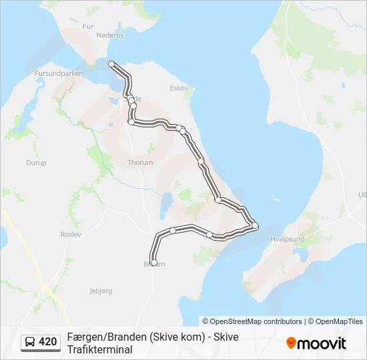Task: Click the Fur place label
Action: [x=87, y=26]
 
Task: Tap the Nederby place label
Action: [x=110, y=35]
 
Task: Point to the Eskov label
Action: [x=179, y=88]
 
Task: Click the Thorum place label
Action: [x=140, y=162]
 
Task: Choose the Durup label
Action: [x=36, y=162]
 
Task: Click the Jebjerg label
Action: [x=101, y=291]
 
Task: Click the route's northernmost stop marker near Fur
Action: [x=111, y=63]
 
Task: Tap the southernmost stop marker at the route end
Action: [x=154, y=263]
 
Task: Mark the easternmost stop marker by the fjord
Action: [x=255, y=225]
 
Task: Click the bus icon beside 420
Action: [x=30, y=342]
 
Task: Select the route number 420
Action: [x=48, y=342]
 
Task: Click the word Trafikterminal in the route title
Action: [x=100, y=349]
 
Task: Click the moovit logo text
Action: [x=322, y=343]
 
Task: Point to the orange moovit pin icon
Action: [x=291, y=343]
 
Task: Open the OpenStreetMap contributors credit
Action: [x=256, y=321]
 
